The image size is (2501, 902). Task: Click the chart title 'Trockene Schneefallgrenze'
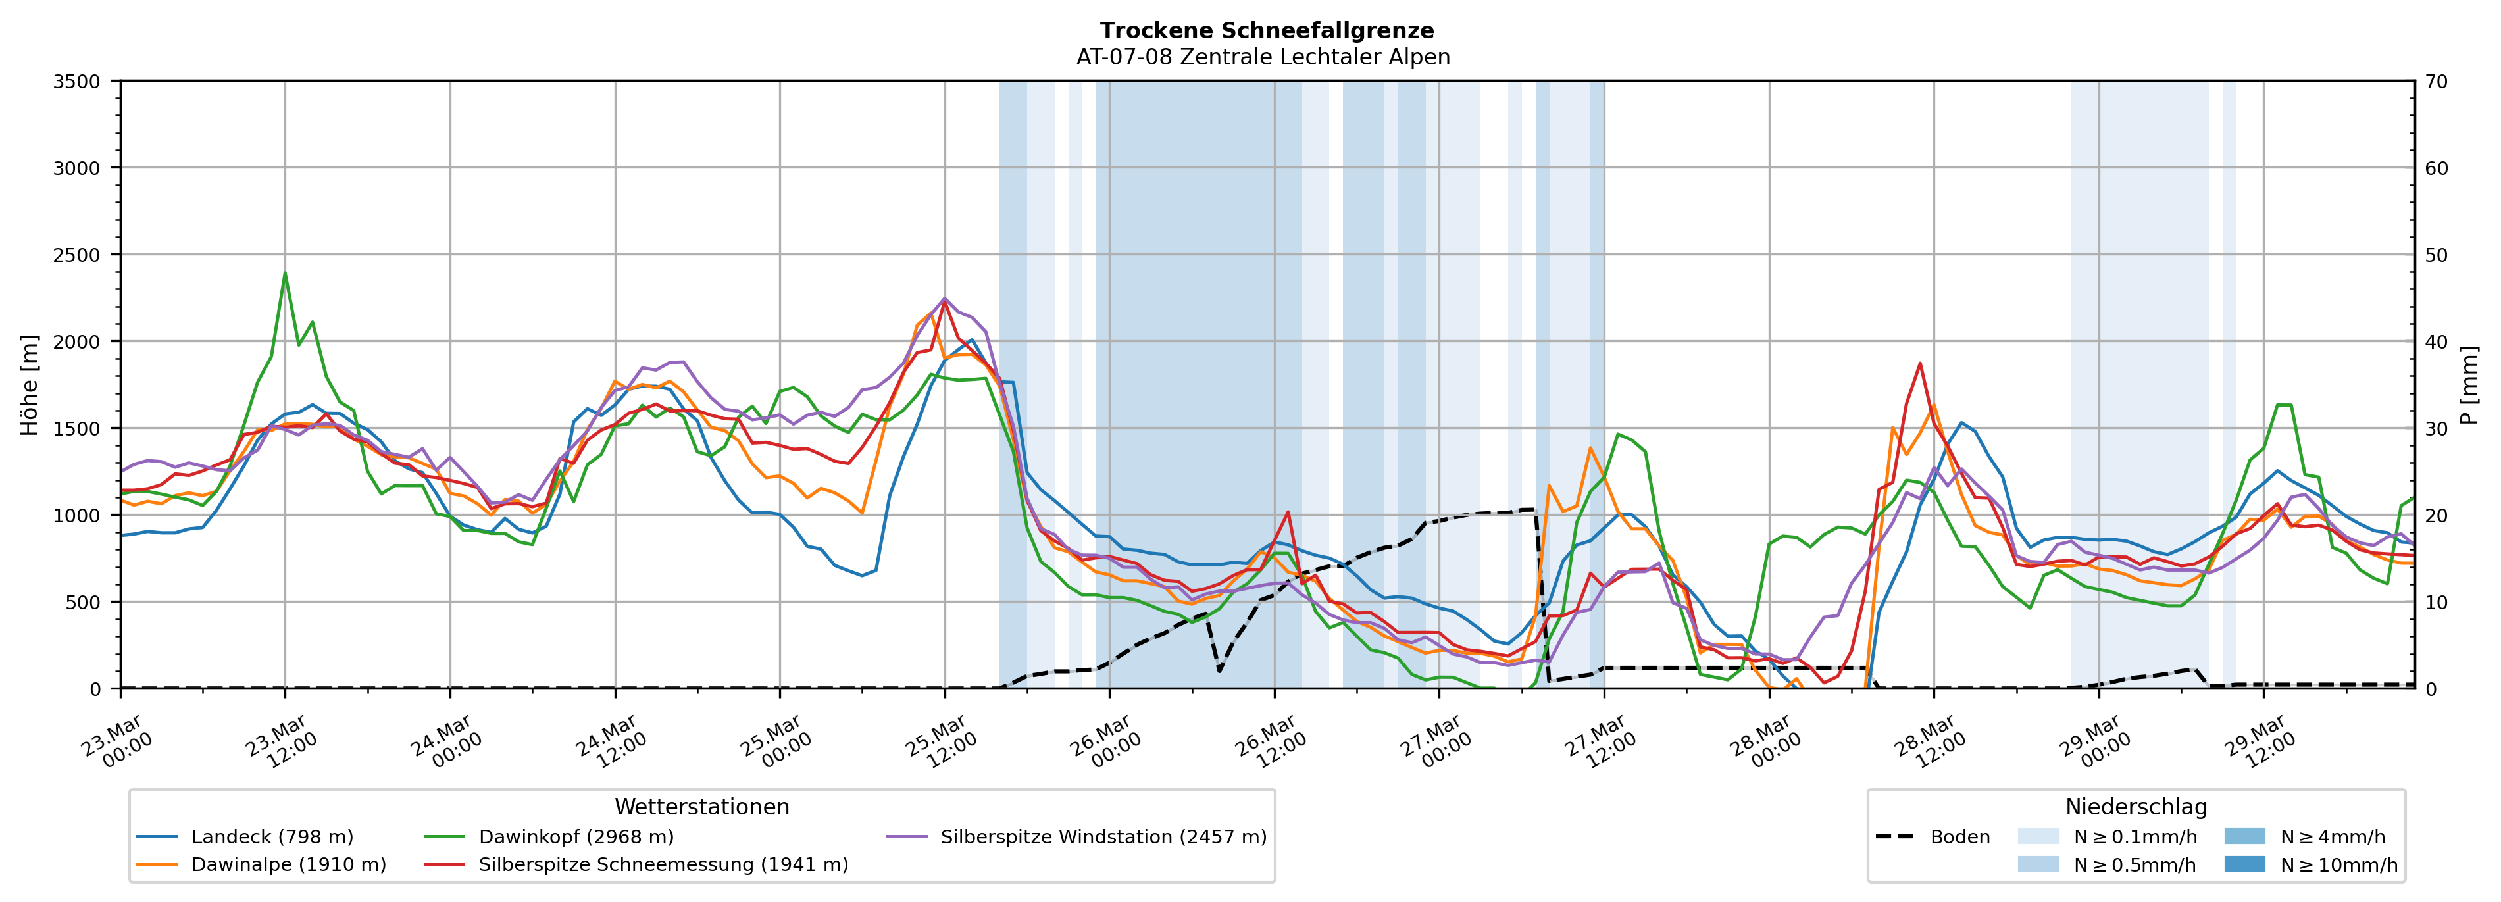1266,31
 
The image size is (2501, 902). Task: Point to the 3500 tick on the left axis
77,82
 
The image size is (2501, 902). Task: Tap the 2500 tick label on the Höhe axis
77,255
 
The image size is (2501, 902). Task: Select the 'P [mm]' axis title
2469,386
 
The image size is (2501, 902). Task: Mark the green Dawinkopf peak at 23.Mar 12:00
284,273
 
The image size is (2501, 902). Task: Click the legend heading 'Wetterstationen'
702,807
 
